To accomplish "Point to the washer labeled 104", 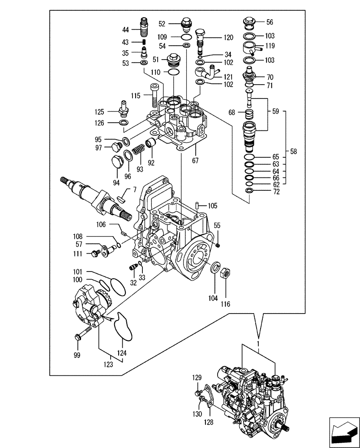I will [x=214, y=268].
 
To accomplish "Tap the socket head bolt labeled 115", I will [x=154, y=95].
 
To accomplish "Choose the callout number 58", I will [x=293, y=152].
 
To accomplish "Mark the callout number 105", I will [x=212, y=206].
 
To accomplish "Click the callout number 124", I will [x=122, y=353].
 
